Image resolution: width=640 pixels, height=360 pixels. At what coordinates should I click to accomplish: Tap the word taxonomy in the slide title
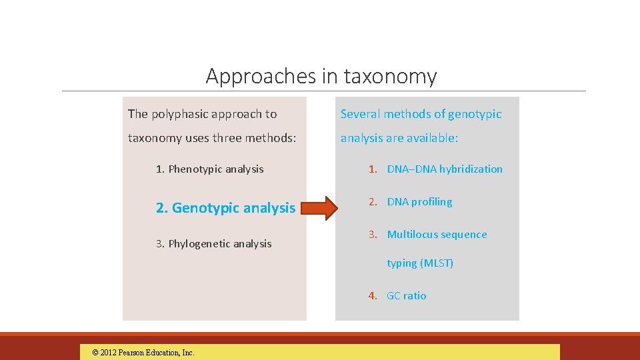(390, 77)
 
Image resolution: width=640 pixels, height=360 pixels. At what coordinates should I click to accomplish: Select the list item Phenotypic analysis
(210, 169)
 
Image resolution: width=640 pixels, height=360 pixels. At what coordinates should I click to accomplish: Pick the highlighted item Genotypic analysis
(225, 208)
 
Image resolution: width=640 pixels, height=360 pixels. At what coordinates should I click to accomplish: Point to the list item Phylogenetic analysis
(214, 244)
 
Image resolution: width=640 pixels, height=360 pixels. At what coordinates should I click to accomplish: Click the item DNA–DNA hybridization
(445, 169)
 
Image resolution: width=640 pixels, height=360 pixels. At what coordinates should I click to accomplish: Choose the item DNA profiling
(419, 202)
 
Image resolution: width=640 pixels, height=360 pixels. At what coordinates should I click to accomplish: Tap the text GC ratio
(406, 296)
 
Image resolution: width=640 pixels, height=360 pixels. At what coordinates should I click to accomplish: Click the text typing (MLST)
(420, 263)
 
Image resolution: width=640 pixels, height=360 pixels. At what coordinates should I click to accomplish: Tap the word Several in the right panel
(361, 114)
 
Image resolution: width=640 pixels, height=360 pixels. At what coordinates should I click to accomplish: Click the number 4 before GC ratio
(373, 296)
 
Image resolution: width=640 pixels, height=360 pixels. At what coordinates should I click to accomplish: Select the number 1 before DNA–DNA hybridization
(373, 169)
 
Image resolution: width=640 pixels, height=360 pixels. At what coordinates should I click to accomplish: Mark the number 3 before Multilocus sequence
(373, 235)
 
